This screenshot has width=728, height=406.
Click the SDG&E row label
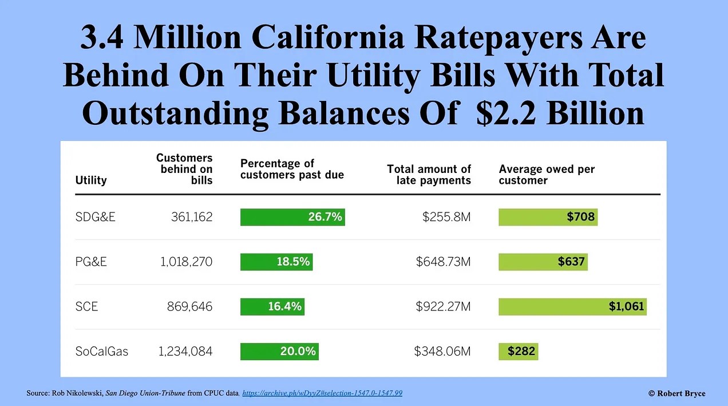coord(95,217)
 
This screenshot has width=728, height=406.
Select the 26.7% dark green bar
coord(292,217)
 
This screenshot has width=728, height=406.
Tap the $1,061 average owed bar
coord(572,306)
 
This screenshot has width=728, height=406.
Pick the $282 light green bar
coord(519,351)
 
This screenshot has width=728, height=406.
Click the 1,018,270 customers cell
coord(185,262)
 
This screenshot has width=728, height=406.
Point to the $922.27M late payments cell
coord(443,306)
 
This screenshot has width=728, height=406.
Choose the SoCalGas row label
coord(102,351)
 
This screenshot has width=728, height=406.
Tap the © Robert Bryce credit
coord(676,393)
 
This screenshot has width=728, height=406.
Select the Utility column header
coord(91,180)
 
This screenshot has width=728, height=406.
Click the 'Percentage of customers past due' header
coord(292,169)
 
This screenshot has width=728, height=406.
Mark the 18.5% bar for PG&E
coord(276,262)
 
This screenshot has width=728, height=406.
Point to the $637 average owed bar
coord(543,262)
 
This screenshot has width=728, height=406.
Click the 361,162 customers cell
coord(191,217)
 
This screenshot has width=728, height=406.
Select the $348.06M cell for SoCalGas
coord(442,351)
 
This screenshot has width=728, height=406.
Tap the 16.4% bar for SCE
coord(272,306)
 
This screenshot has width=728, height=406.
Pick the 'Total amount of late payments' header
coord(429,175)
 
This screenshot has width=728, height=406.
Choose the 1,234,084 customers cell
coord(185,351)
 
